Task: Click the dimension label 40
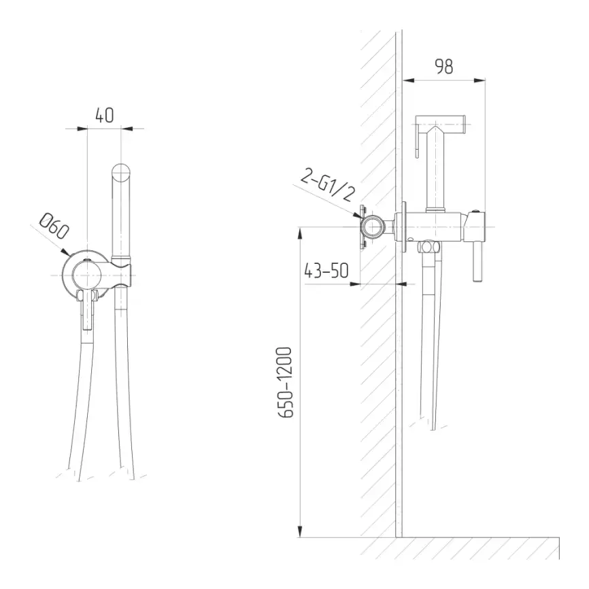click(105, 116)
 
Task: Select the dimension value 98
click(444, 67)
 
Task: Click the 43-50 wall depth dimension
click(326, 270)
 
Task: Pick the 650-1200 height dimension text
click(285, 382)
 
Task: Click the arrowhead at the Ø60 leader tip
click(65, 252)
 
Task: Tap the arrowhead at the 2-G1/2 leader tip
click(357, 215)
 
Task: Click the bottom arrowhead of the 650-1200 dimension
click(300, 531)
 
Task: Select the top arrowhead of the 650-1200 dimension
click(300, 233)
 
